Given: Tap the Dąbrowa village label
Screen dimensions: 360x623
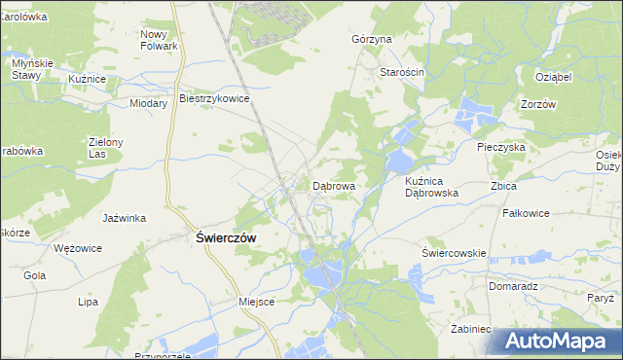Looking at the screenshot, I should pyautogui.click(x=333, y=185).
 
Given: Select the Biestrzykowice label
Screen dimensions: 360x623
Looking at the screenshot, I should pyautogui.click(x=215, y=98).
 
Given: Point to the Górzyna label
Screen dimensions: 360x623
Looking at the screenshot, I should pyautogui.click(x=371, y=40).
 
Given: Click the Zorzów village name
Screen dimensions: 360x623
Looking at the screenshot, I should pyautogui.click(x=537, y=104).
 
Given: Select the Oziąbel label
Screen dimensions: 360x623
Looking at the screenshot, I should pyautogui.click(x=552, y=75).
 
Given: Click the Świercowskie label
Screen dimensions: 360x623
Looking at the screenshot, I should pyautogui.click(x=454, y=253).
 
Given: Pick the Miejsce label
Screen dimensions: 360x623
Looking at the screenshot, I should pyautogui.click(x=257, y=302).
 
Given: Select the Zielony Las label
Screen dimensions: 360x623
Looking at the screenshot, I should pyautogui.click(x=104, y=148).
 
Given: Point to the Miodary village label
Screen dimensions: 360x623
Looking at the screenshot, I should pyautogui.click(x=149, y=102).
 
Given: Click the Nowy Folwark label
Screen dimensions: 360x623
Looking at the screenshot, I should pyautogui.click(x=159, y=40).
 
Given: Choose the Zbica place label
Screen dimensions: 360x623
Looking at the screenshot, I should pyautogui.click(x=504, y=185).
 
